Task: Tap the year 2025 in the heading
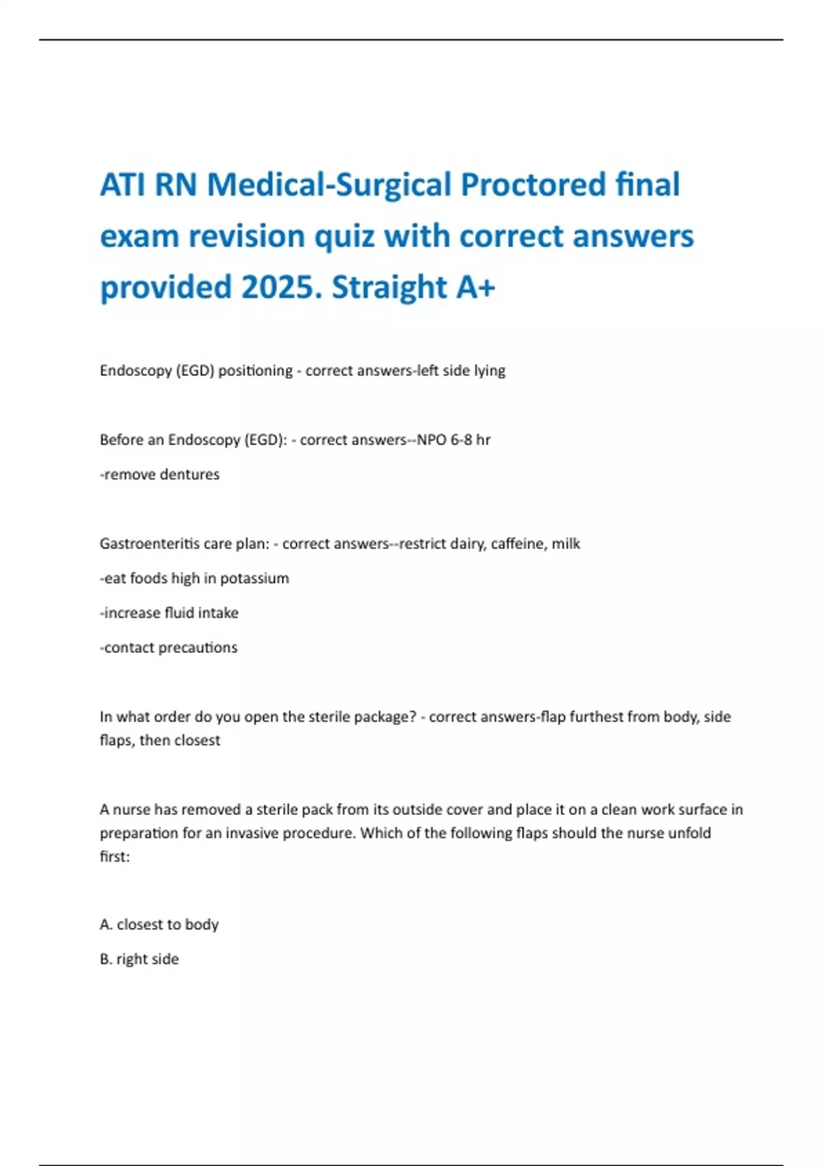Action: coord(281,287)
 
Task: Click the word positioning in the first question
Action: coord(255,371)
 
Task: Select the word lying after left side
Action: coord(490,371)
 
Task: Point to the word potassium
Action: coord(254,579)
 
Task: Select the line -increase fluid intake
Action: coord(169,613)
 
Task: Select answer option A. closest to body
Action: coord(159,925)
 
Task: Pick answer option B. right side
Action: coord(139,960)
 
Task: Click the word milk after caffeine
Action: coord(566,544)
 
